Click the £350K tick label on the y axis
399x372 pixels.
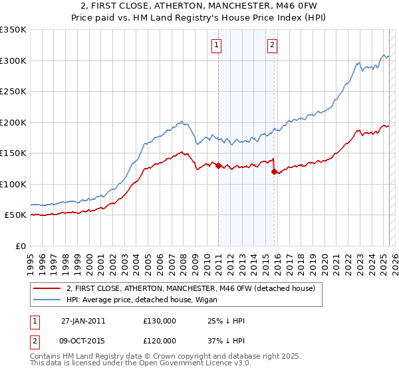(13, 30)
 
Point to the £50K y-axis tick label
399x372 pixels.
(15, 215)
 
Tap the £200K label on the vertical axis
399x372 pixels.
(13, 122)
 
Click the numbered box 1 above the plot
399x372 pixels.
(217, 45)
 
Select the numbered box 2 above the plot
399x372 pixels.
(273, 45)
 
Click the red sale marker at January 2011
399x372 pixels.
(218, 166)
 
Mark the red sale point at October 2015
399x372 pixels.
(273, 172)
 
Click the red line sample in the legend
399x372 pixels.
(47, 288)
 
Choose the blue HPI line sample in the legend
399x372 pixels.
(47, 300)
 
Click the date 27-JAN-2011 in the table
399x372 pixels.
(83, 320)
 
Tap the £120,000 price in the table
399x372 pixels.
(160, 340)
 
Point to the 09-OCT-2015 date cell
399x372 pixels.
(83, 340)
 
